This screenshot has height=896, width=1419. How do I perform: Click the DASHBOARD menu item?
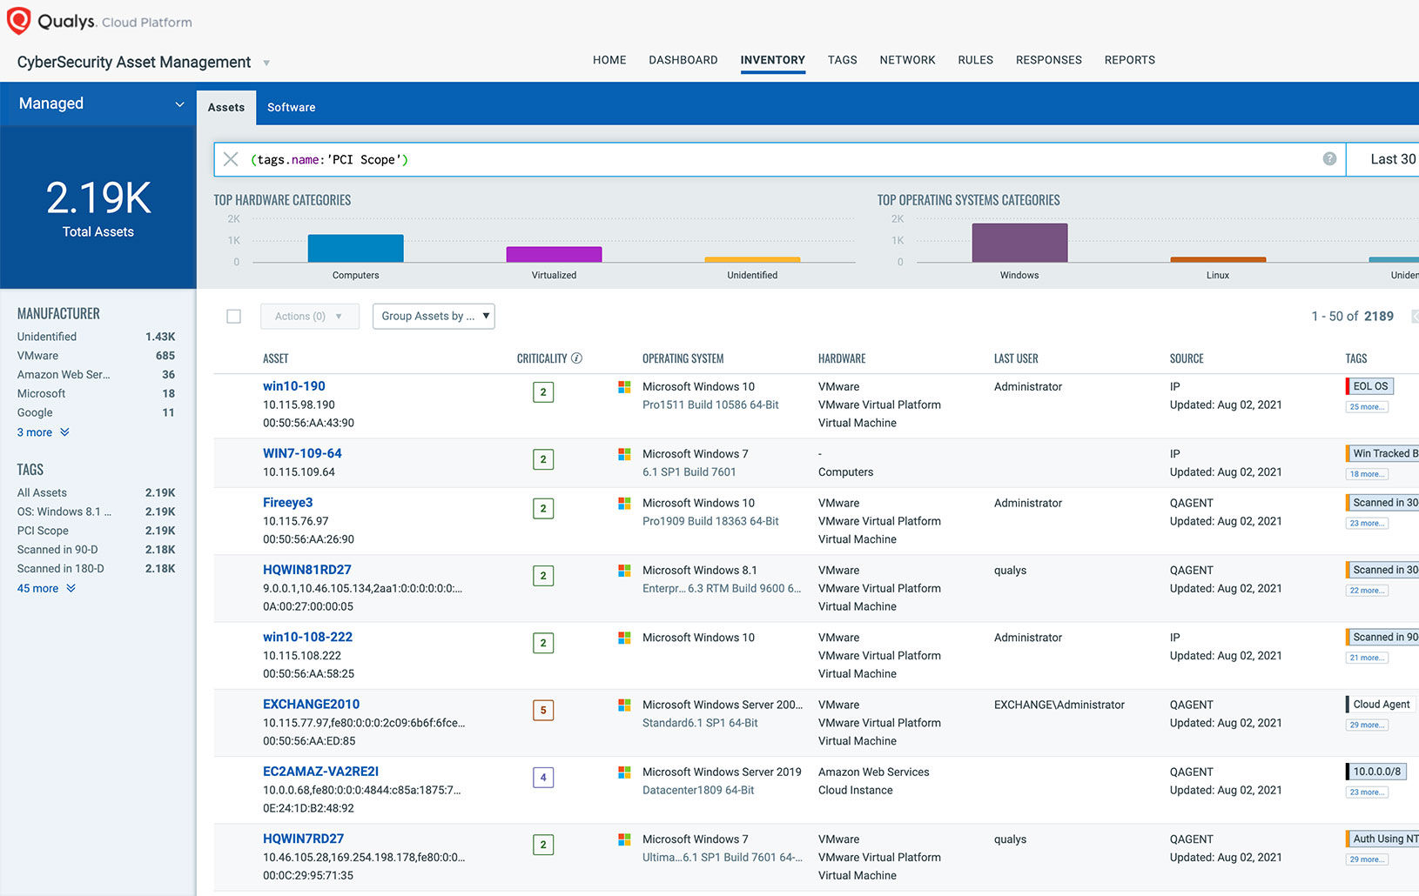[683, 60]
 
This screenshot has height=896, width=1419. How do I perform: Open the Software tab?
[291, 107]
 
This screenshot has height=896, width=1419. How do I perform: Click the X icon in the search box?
[231, 159]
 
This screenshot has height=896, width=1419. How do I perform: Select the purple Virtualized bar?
[554, 254]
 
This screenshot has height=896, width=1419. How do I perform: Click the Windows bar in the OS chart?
[1019, 243]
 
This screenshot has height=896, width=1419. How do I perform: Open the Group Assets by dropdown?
[433, 316]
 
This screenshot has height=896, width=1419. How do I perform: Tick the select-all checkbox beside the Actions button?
[233, 317]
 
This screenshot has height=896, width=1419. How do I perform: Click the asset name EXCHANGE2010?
[311, 704]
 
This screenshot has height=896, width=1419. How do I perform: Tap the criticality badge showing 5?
[543, 710]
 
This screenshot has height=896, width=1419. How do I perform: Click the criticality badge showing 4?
[543, 778]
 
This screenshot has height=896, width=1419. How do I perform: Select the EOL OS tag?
[1370, 386]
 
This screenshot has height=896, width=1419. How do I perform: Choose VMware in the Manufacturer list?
[38, 356]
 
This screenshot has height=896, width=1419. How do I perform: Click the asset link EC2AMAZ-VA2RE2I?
[320, 772]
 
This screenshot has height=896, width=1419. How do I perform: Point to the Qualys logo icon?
[18, 21]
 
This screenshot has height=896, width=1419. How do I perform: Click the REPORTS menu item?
[1129, 60]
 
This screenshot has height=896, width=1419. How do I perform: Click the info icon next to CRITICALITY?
[576, 358]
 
